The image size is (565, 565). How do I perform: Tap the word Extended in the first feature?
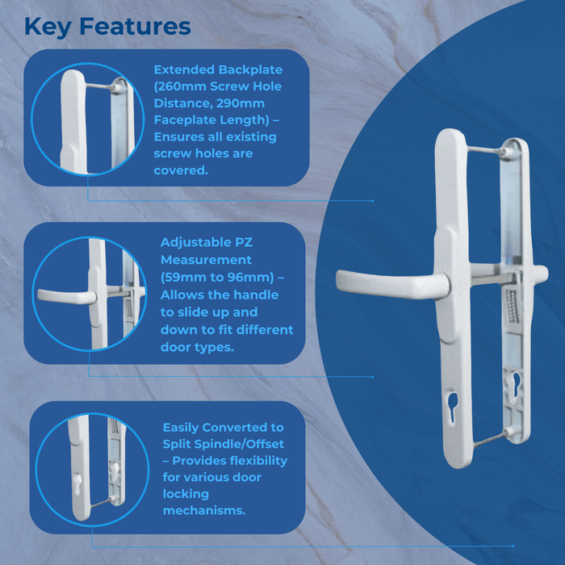(186, 69)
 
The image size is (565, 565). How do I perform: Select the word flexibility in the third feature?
(252, 461)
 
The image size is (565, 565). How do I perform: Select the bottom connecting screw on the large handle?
(485, 440)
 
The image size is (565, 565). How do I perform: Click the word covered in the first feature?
(180, 170)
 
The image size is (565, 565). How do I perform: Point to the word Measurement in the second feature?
(206, 260)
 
